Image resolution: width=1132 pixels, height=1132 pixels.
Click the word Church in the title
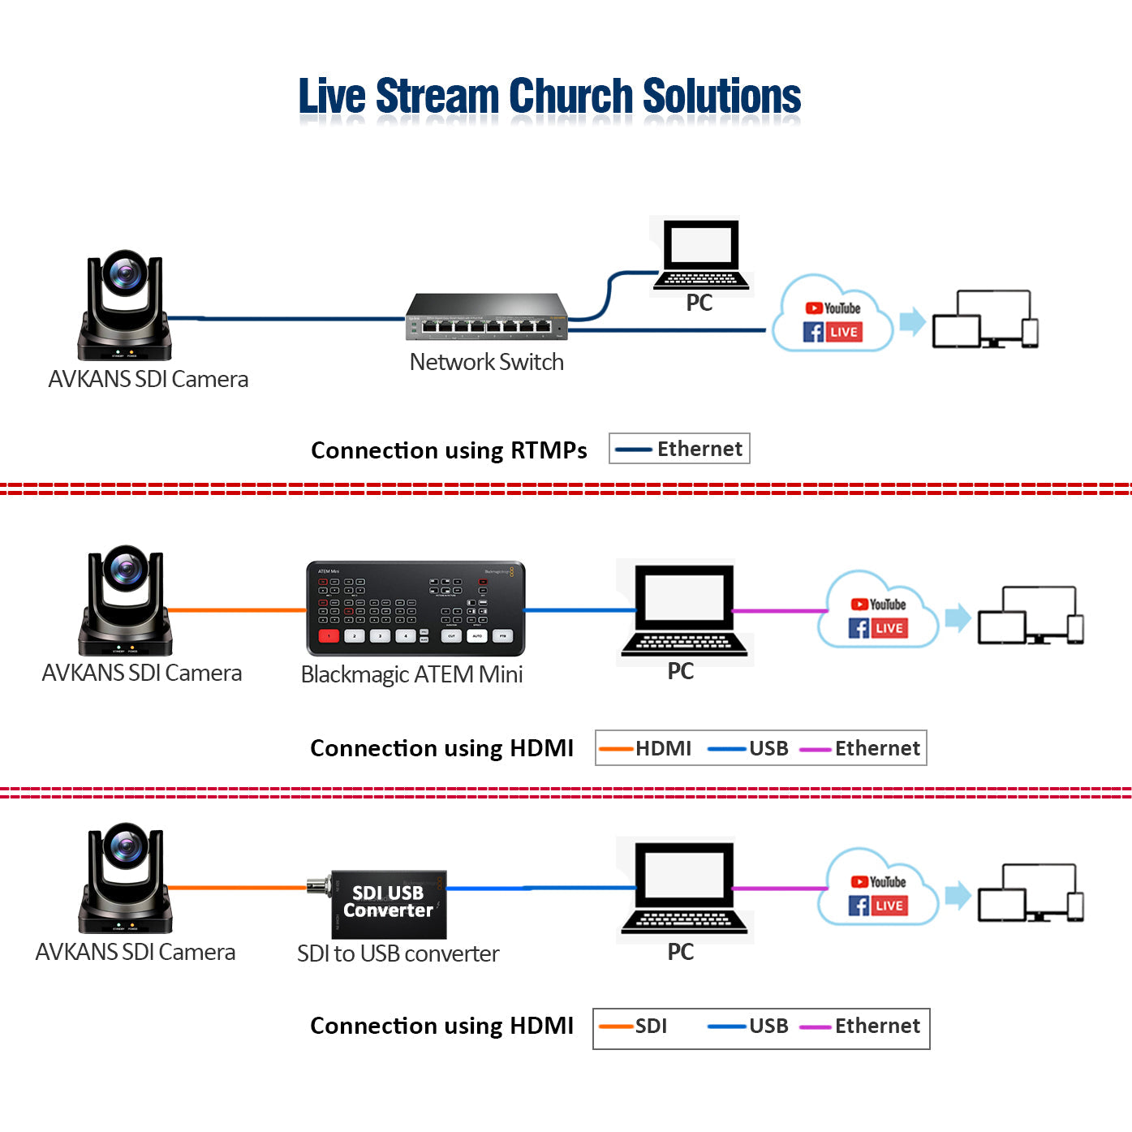[x=570, y=97]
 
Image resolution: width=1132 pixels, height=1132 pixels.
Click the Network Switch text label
[x=486, y=362]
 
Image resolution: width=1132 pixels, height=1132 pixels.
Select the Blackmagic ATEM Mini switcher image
[x=415, y=608]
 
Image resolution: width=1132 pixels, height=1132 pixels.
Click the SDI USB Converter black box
[x=389, y=903]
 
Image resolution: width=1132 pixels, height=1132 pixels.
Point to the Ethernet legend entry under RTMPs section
[x=679, y=449]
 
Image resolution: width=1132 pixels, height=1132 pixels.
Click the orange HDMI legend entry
[x=646, y=748]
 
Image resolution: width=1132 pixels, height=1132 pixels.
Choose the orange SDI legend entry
[x=634, y=1027]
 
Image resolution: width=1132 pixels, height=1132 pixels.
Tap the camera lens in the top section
[x=125, y=273]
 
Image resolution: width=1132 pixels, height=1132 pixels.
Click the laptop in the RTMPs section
[x=700, y=254]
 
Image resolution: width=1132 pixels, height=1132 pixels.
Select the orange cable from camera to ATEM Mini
[x=236, y=609]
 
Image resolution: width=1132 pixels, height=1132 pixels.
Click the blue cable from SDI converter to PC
[x=540, y=888]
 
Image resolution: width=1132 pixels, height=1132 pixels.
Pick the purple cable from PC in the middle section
[x=778, y=610]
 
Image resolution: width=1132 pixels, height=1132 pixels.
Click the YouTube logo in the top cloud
[x=833, y=308]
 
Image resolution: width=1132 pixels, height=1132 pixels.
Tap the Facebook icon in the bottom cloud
[x=859, y=906]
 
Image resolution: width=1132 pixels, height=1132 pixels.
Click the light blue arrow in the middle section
[x=958, y=618]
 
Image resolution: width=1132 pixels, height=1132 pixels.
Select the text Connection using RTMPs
[x=449, y=450]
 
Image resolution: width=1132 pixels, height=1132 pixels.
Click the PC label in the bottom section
[x=680, y=952]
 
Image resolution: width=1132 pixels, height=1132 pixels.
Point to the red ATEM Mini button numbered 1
[x=328, y=636]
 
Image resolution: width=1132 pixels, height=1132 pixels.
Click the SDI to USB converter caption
[x=398, y=953]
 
